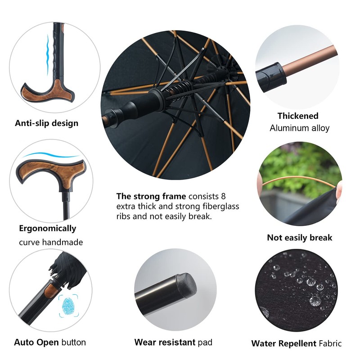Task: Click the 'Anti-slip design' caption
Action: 46,123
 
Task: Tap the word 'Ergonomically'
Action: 47,228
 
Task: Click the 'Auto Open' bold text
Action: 36,342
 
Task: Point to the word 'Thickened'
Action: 297,116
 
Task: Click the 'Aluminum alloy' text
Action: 299,128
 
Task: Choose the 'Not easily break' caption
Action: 299,238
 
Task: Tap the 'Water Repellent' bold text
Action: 283,344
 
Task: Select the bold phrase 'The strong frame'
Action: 151,196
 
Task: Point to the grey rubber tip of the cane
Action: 186,283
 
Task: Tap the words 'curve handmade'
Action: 51,242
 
